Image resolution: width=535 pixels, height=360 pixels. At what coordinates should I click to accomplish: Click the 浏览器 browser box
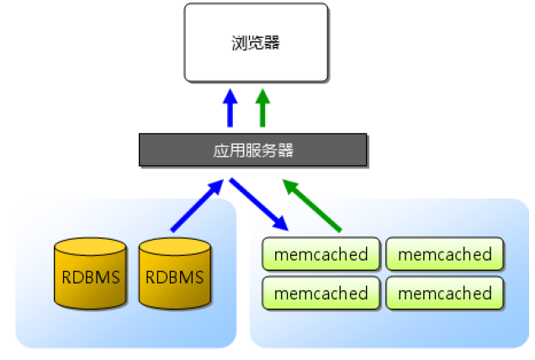(256, 42)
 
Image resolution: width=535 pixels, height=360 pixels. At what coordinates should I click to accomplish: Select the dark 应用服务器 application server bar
(252, 151)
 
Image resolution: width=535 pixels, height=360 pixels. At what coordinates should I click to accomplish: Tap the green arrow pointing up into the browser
(262, 109)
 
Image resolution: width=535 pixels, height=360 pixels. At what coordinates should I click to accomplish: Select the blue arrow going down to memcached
(260, 204)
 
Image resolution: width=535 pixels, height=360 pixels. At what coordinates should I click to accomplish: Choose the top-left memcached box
(321, 254)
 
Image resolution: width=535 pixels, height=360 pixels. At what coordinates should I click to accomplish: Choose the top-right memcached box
(444, 254)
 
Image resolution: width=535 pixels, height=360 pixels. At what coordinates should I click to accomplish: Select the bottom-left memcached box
(321, 294)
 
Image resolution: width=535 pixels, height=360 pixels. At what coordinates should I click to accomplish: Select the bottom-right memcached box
(444, 294)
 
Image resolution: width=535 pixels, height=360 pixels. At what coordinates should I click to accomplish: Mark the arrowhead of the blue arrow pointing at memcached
(280, 223)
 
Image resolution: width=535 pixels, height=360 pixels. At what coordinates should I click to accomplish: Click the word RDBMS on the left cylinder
(90, 277)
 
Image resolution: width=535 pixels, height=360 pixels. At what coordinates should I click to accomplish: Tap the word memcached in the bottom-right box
(444, 294)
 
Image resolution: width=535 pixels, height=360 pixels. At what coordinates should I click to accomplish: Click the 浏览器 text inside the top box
(255, 43)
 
